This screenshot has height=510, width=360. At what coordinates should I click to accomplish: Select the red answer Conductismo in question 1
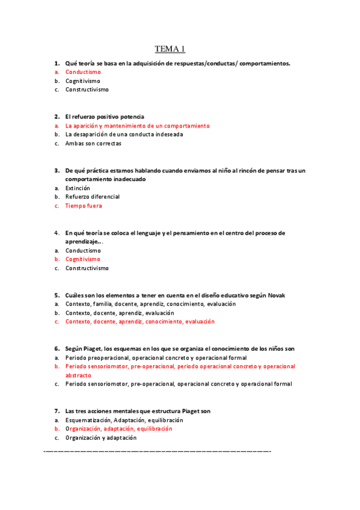[83, 72]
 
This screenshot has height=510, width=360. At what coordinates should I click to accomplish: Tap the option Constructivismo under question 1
[87, 90]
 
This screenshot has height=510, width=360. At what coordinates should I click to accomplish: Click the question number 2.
[56, 116]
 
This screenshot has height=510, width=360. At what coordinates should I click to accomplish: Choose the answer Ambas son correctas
[93, 143]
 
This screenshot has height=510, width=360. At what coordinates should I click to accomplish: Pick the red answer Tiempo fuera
[84, 206]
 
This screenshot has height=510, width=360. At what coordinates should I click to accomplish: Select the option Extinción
[78, 188]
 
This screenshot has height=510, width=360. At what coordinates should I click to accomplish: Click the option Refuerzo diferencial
[93, 197]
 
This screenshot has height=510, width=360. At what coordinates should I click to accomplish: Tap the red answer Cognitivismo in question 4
[83, 259]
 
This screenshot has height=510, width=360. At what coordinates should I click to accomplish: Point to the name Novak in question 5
[276, 295]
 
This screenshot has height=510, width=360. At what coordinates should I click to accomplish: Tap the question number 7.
[56, 411]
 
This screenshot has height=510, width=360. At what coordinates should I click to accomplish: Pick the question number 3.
[56, 170]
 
